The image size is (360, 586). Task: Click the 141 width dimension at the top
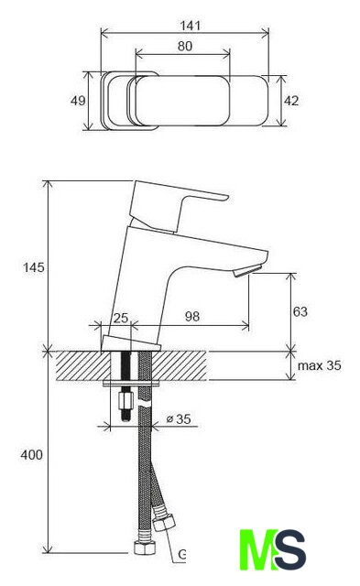point(191,26)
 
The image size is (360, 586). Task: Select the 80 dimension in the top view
point(185,46)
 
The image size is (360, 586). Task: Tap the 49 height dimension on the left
point(78,101)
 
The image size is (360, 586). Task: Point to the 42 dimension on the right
point(291,101)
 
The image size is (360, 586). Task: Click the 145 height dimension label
point(33,267)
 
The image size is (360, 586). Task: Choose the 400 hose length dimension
point(31,455)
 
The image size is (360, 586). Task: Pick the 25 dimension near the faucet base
point(121,318)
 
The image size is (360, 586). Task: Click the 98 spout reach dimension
point(192,317)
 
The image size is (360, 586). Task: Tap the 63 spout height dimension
point(300,311)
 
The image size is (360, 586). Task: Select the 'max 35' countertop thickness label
point(320,365)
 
